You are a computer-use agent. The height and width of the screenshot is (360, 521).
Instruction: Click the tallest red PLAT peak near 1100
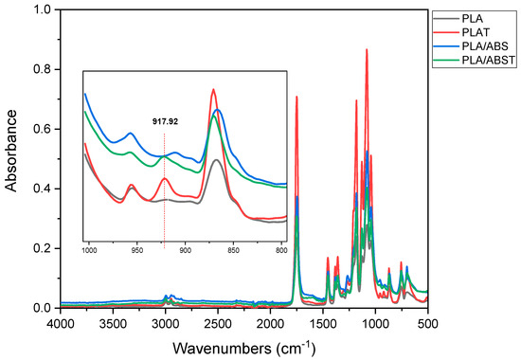tap(367, 50)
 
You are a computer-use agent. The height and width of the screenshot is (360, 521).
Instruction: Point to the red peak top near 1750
tap(296, 97)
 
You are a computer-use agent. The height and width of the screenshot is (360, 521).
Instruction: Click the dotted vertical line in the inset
tap(164, 189)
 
